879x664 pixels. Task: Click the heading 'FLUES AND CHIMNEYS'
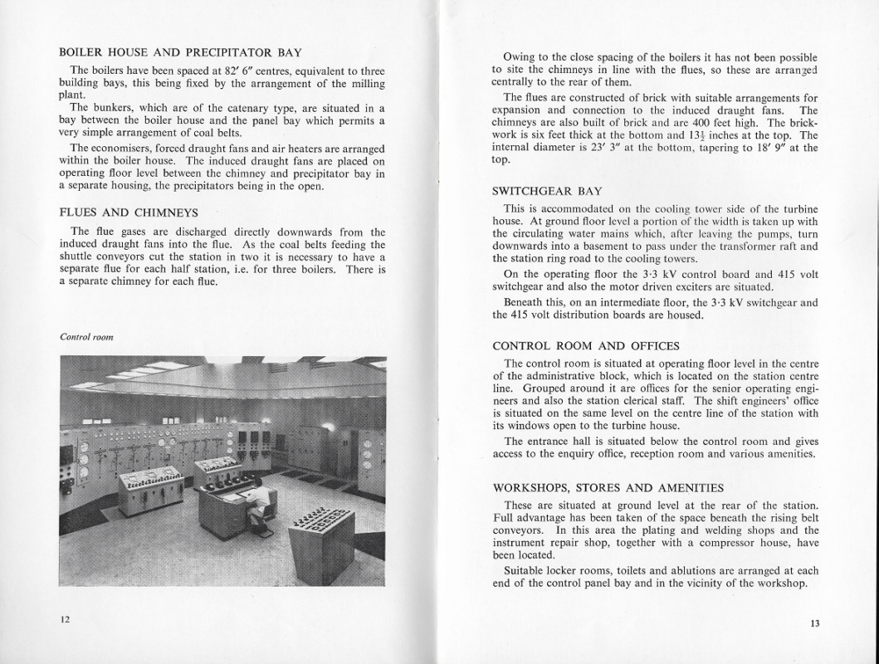tap(129, 212)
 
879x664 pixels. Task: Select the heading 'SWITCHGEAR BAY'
tap(547, 191)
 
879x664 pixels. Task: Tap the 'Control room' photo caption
tap(86, 337)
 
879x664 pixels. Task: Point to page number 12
tap(65, 620)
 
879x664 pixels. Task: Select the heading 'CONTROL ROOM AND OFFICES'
tap(585, 345)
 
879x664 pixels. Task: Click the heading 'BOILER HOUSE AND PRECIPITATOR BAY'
tap(180, 51)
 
